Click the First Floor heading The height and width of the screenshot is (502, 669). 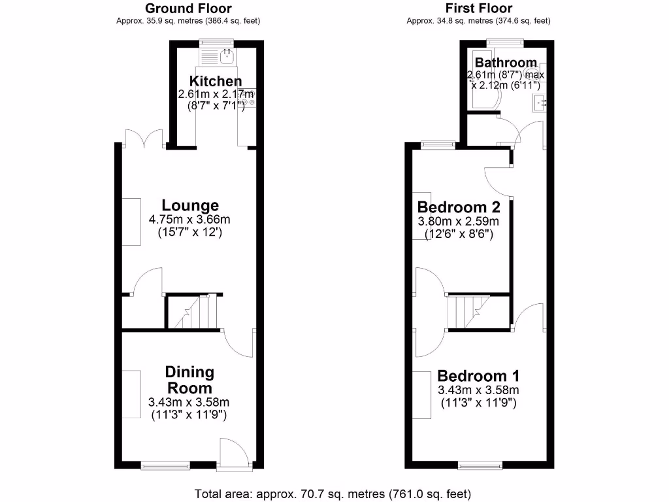tap(478, 8)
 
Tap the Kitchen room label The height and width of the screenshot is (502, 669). tap(216, 82)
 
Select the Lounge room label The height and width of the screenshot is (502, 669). tap(190, 206)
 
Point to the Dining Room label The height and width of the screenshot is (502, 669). tap(189, 380)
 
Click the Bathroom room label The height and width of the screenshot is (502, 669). tap(506, 63)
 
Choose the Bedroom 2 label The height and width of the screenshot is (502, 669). tap(459, 207)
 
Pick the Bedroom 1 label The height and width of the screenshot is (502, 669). tap(478, 376)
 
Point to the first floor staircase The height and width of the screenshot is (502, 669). tap(469, 312)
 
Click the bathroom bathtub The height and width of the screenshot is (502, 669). tap(484, 80)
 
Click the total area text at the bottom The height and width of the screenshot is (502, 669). tap(333, 493)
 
